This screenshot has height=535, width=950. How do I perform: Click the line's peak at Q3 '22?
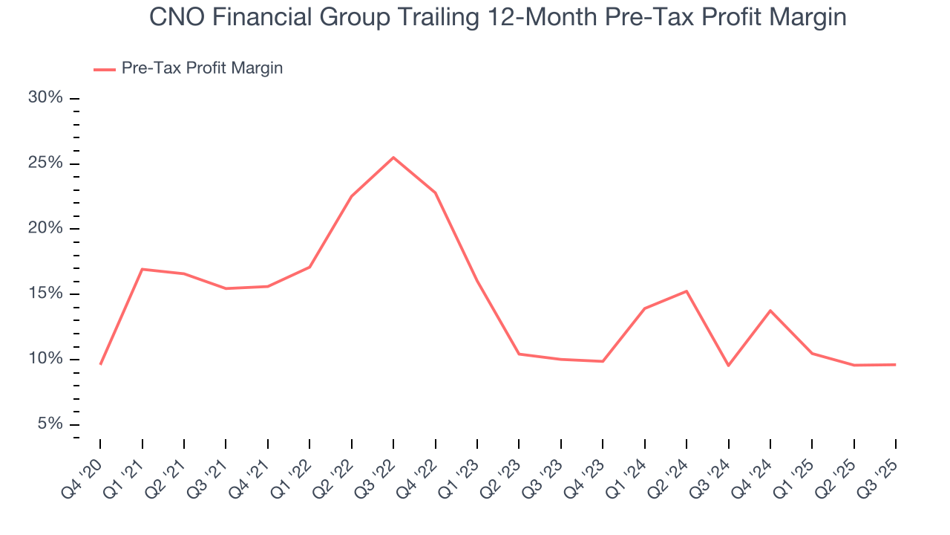(393, 158)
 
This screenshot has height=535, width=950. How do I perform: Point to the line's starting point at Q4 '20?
(100, 364)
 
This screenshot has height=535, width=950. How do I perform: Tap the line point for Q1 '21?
(142, 269)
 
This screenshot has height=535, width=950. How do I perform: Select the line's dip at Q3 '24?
(729, 366)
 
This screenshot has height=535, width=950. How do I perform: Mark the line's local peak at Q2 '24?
(687, 291)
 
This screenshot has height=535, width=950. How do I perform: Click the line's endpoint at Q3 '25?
(896, 365)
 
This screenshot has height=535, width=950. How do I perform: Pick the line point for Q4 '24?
(770, 311)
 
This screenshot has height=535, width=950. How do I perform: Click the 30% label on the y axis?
(45, 98)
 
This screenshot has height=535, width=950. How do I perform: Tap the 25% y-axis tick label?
(45, 163)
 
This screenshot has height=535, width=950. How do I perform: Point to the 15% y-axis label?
(45, 294)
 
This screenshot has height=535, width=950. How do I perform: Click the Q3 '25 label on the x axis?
(881, 469)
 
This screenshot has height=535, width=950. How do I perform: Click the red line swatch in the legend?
(104, 69)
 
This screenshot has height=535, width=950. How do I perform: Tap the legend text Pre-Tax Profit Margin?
(202, 68)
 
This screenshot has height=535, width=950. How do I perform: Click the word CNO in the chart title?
(178, 17)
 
